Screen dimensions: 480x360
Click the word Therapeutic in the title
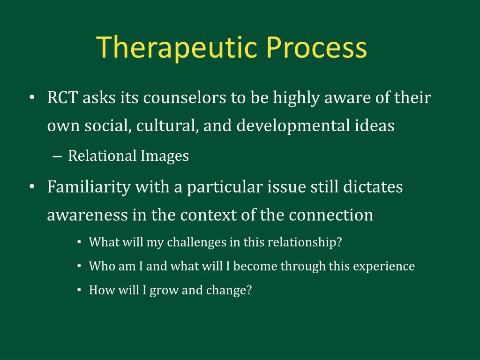click(177, 47)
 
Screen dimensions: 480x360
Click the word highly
click(296, 98)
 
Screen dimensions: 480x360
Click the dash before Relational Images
click(57, 157)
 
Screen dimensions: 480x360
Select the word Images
click(165, 156)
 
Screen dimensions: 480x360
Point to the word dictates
click(373, 187)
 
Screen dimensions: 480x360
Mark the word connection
click(331, 215)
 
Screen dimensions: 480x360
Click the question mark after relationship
click(338, 242)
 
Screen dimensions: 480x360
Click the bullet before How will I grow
click(79, 290)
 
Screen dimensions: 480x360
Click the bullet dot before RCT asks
click(31, 97)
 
